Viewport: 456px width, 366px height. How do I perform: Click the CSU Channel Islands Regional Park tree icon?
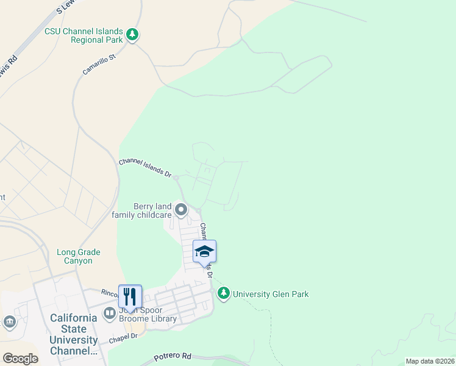132,35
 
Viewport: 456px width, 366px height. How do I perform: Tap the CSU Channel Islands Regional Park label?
84,35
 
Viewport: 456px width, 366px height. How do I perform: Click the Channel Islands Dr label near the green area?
144,168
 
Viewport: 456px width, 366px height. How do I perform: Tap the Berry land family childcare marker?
181,210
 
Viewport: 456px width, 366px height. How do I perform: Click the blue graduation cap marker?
204,251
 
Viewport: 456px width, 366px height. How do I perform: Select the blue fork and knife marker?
130,297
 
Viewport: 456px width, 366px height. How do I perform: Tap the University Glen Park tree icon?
224,294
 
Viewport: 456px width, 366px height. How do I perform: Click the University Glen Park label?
271,294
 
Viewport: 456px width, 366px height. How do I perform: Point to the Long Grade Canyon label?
79,256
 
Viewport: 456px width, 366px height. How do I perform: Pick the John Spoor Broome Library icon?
110,314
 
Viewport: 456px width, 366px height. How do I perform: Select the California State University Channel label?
73,334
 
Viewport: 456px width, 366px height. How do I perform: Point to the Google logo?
20,359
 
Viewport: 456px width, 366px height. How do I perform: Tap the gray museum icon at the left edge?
9,321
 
